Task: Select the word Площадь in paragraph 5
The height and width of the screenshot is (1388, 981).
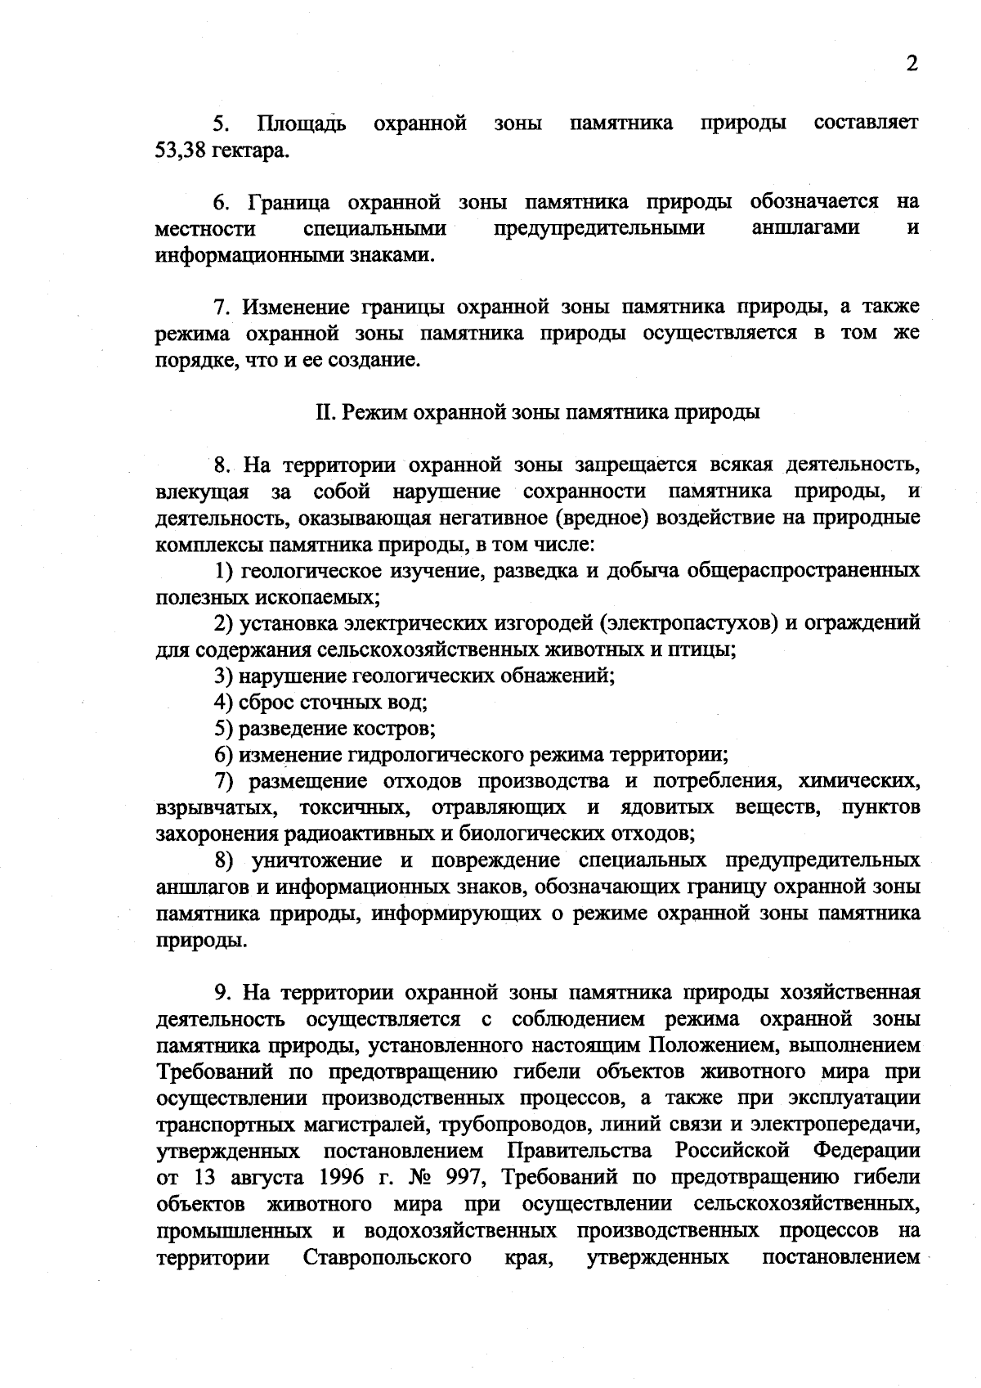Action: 302,124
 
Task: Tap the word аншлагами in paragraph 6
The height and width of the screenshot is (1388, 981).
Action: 804,227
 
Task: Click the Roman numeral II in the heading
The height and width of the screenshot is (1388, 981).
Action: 323,412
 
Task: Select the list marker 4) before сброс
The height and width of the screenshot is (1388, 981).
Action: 224,702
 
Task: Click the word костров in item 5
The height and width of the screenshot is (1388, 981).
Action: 398,728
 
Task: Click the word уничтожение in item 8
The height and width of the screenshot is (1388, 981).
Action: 318,860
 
